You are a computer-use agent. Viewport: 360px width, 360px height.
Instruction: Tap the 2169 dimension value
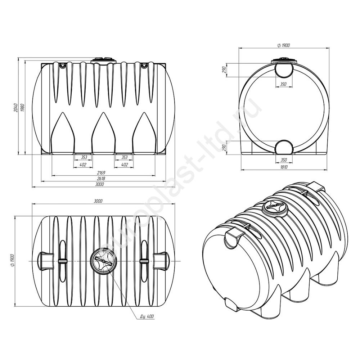pyautogui.click(x=101, y=173)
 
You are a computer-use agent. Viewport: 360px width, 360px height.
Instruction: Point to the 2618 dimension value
pyautogui.click(x=101, y=179)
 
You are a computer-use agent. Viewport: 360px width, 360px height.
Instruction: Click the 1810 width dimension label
pyautogui.click(x=284, y=167)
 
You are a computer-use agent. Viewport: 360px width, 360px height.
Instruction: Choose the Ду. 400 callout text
pyautogui.click(x=147, y=316)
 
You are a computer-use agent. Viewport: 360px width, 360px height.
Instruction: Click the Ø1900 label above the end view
pyautogui.click(x=284, y=45)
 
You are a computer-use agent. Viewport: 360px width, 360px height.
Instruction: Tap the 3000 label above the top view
pyautogui.click(x=98, y=201)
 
